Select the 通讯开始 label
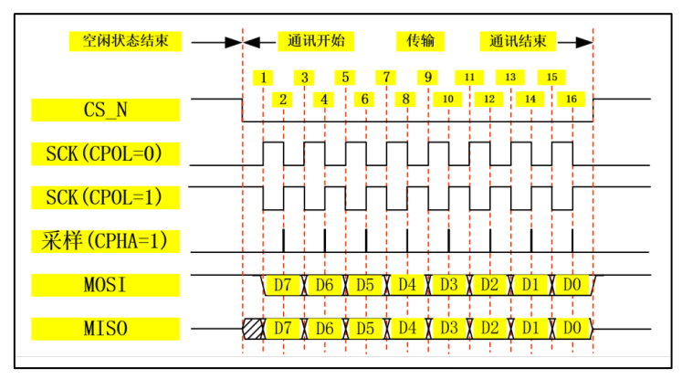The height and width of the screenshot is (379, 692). pyautogui.click(x=315, y=41)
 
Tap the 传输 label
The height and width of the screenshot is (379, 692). pyautogui.click(x=420, y=41)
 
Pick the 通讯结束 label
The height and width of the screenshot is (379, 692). pyautogui.click(x=518, y=41)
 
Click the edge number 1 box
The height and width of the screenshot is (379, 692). pyautogui.click(x=263, y=77)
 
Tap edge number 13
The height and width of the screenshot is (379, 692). pyautogui.click(x=510, y=77)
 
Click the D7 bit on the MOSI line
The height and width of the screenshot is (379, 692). pyautogui.click(x=283, y=284)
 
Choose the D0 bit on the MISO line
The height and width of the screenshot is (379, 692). pyautogui.click(x=571, y=327)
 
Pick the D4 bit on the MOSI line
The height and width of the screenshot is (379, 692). pyautogui.click(x=407, y=284)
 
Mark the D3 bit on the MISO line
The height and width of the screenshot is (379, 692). pyautogui.click(x=448, y=327)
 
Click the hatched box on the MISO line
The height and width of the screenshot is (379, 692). pyautogui.click(x=253, y=327)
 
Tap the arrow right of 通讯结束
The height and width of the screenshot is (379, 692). pyautogui.click(x=573, y=42)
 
